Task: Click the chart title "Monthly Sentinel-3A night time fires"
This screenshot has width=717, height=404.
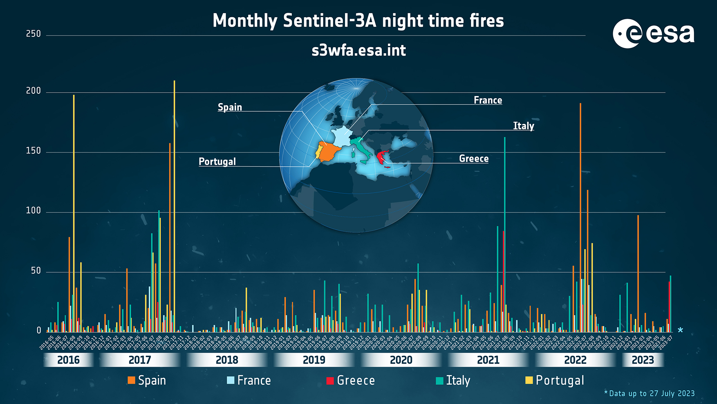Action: [358, 21]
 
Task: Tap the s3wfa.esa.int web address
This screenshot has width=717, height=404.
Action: [359, 51]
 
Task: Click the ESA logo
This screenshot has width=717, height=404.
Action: [653, 34]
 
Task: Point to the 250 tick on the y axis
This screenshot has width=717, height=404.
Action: [33, 34]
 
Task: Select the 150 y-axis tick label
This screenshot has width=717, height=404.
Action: [33, 151]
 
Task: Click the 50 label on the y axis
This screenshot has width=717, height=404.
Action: [36, 271]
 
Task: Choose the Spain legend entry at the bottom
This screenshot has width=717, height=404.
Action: [147, 380]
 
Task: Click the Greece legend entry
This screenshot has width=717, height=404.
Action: [351, 380]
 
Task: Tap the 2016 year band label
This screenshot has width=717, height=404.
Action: [69, 360]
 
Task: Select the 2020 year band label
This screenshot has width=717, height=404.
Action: [401, 360]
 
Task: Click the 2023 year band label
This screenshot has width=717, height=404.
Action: [643, 360]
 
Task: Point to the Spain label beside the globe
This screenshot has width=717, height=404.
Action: [230, 107]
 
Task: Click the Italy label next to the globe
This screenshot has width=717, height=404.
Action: [524, 126]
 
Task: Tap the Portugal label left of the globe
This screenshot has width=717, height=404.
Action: [217, 162]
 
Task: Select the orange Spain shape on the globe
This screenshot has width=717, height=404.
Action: [330, 152]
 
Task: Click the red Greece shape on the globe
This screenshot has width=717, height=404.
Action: [381, 157]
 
